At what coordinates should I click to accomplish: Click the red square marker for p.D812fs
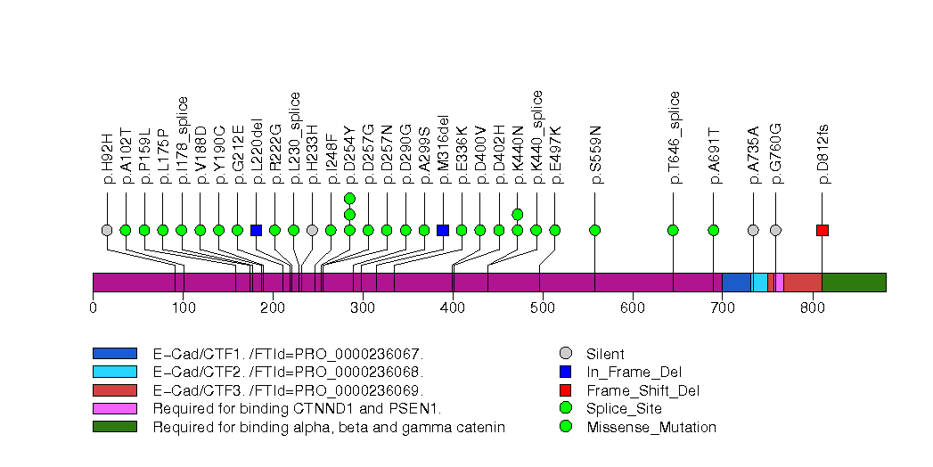(823, 230)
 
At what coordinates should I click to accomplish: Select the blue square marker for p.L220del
(257, 230)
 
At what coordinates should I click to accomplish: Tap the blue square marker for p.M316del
(443, 230)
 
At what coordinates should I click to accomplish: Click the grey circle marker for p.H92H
(107, 230)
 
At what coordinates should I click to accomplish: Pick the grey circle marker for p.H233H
(312, 230)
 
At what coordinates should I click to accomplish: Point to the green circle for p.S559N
(595, 230)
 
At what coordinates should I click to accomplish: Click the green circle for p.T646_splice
(673, 230)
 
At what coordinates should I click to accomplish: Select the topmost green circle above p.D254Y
(349, 198)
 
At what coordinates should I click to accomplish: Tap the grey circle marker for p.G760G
(775, 230)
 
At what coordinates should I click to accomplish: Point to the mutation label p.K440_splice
(536, 136)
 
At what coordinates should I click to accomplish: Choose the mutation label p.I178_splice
(182, 139)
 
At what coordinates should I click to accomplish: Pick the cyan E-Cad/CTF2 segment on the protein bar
(759, 283)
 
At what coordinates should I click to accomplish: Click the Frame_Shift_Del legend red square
(565, 390)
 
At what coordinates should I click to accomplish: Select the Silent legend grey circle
(565, 354)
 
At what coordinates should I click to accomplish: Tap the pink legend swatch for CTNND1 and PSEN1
(114, 408)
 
